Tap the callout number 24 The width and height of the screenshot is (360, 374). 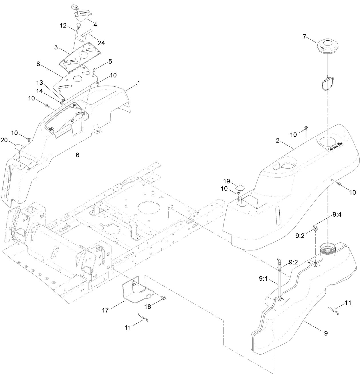pyautogui.click(x=101, y=43)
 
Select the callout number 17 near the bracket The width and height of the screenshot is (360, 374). pyautogui.click(x=105, y=310)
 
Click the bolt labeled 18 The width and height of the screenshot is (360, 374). pyautogui.click(x=164, y=298)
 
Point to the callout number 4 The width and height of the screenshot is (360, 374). pyautogui.click(x=95, y=25)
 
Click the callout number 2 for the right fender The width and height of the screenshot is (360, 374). pyautogui.click(x=277, y=141)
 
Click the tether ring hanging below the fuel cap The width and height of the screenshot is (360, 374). pyautogui.click(x=327, y=83)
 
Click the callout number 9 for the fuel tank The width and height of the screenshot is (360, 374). pyautogui.click(x=326, y=333)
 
